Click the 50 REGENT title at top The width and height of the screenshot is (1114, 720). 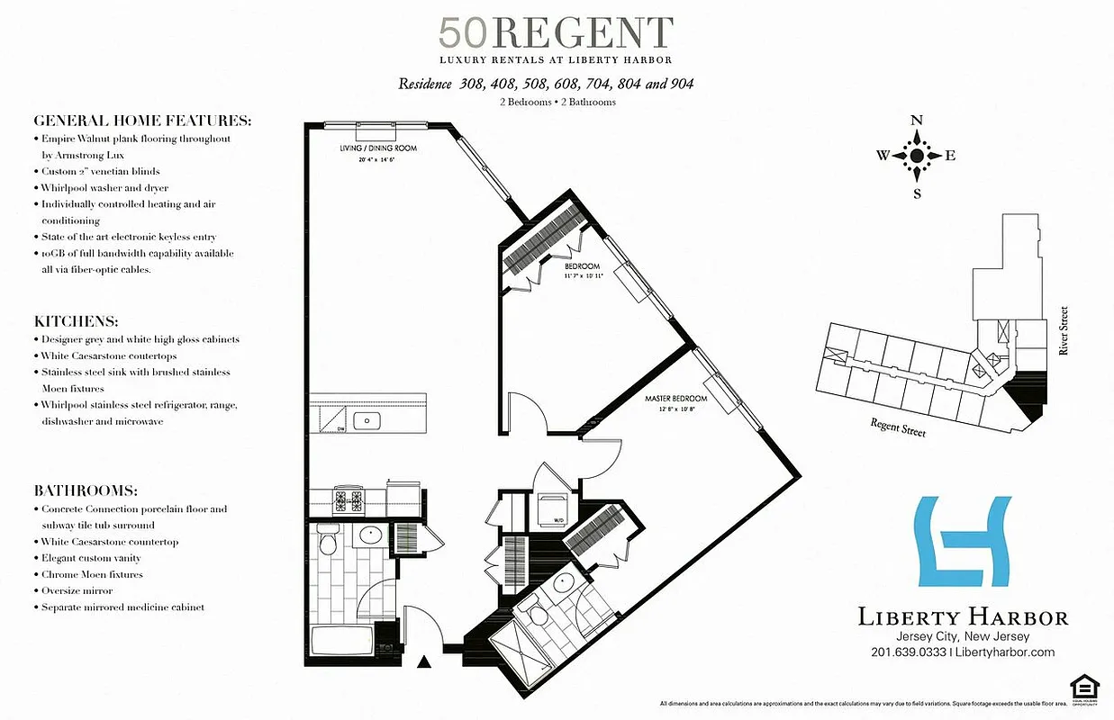(x=556, y=33)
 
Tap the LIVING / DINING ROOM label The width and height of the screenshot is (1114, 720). (x=364, y=148)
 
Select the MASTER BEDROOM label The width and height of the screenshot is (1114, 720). (x=675, y=399)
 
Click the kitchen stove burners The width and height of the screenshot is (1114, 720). (x=348, y=498)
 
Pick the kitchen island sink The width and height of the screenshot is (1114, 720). (x=367, y=419)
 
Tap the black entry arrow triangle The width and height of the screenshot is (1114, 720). (x=425, y=663)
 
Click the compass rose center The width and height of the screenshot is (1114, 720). (x=917, y=156)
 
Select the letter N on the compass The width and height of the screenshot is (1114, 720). (x=917, y=121)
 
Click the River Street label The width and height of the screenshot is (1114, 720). (x=1064, y=331)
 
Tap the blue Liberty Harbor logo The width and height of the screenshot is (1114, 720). (x=963, y=541)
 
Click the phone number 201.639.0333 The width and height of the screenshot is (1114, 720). (x=908, y=652)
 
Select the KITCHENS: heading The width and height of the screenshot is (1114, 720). (x=77, y=321)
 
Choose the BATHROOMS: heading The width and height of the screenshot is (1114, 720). (x=86, y=491)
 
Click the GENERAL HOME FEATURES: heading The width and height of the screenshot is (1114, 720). (x=142, y=121)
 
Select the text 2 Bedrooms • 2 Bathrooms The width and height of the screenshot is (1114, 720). (x=557, y=103)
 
